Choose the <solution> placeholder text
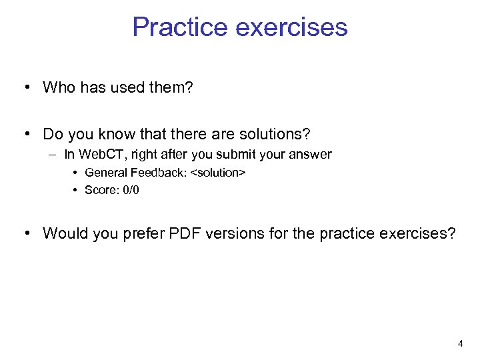[218, 173]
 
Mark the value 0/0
[131, 190]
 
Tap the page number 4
[460, 344]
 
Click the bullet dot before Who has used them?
[25, 87]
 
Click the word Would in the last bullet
[62, 233]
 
